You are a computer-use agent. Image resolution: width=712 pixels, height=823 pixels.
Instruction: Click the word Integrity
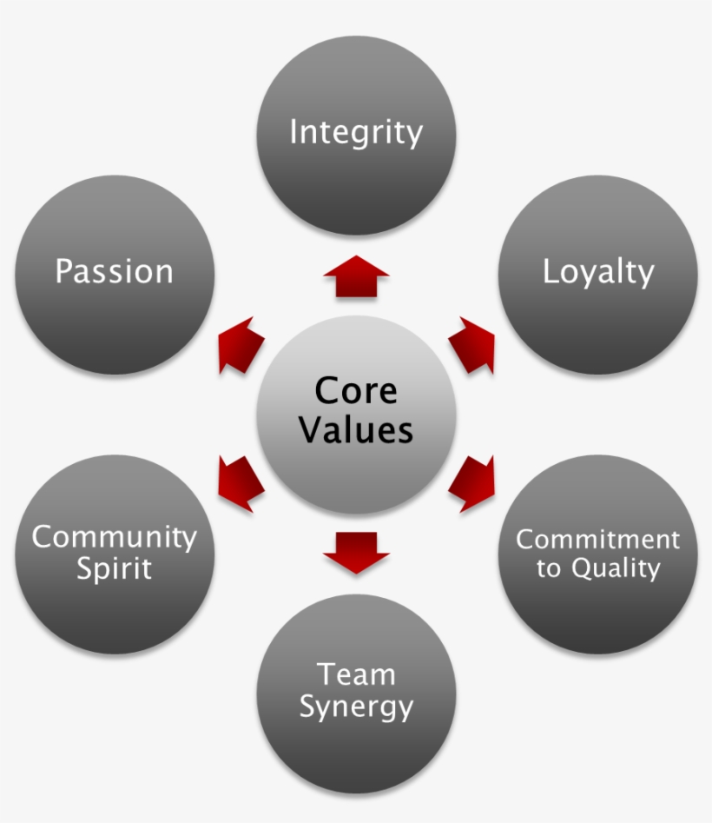(x=356, y=133)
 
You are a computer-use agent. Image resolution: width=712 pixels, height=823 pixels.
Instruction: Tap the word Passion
(x=114, y=271)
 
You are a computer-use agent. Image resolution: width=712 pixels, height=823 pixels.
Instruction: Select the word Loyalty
(x=598, y=272)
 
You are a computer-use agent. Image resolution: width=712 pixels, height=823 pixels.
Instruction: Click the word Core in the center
(x=356, y=390)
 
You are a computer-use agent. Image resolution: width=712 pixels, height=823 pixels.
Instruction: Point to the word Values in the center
(x=356, y=429)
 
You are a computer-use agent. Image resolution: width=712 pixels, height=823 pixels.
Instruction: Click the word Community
(x=114, y=537)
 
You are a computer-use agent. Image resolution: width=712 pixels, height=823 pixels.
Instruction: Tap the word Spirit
(x=114, y=568)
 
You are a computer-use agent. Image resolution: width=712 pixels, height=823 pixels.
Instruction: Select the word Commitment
(x=598, y=539)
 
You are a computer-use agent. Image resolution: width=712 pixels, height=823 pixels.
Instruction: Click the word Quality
(x=616, y=569)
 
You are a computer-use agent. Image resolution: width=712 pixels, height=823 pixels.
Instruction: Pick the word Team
(x=356, y=674)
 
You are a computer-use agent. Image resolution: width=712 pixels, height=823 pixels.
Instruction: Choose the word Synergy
(x=356, y=706)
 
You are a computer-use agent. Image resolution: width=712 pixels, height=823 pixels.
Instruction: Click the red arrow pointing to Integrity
(x=356, y=277)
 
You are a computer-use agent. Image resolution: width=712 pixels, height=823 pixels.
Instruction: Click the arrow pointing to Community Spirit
(x=240, y=483)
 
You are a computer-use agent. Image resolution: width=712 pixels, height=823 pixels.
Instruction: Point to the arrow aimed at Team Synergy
(x=356, y=553)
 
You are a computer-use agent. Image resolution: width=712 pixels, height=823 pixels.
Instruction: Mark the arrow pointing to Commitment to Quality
(x=473, y=483)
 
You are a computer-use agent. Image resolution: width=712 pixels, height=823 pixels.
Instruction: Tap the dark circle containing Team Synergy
(x=356, y=747)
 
